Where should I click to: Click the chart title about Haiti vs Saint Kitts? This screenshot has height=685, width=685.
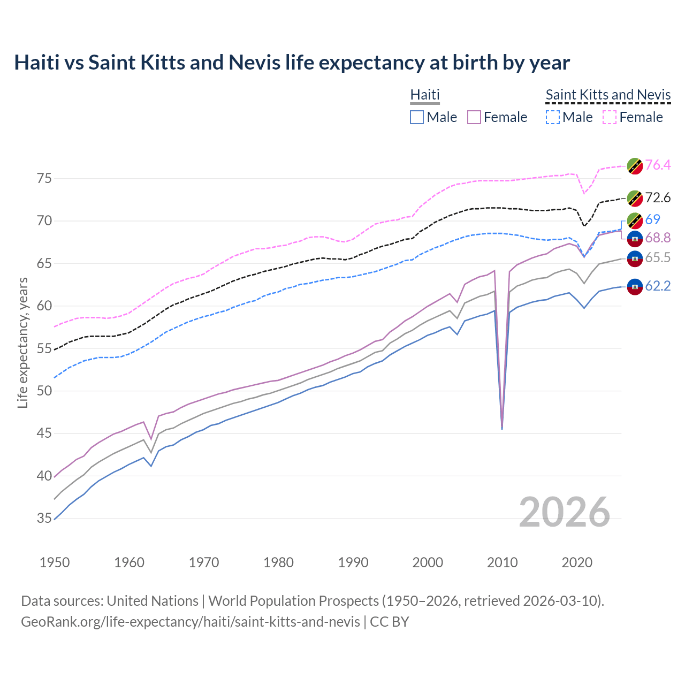coord(292,63)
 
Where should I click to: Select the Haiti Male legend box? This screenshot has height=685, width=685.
coord(417,117)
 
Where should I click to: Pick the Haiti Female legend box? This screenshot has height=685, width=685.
coord(474,117)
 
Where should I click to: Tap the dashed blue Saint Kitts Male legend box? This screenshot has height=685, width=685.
coord(552,117)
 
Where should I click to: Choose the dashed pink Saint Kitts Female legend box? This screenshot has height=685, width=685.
coord(610,117)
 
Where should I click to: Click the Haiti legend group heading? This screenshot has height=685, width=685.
coord(424,95)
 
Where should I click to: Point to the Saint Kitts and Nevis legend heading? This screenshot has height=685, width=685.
coord(608,95)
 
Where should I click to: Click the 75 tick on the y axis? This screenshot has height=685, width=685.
coord(44,178)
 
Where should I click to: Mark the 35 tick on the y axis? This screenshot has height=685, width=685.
coord(44,518)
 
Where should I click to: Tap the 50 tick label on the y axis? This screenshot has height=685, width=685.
coord(44,391)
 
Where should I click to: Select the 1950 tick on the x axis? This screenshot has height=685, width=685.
coord(55,562)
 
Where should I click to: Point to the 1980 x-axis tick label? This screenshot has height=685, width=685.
coord(278,562)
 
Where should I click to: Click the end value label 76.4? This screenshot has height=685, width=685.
coord(658,165)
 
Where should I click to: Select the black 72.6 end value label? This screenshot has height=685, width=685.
coord(658,198)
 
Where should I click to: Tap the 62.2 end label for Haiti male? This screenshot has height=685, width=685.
coord(658,286)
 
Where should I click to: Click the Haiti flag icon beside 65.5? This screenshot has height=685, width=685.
coord(635,258)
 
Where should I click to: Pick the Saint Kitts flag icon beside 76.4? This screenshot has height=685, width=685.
coord(635,166)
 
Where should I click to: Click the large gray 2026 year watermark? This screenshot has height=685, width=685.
coord(564,512)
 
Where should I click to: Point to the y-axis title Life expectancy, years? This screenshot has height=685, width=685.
coord(23,342)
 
